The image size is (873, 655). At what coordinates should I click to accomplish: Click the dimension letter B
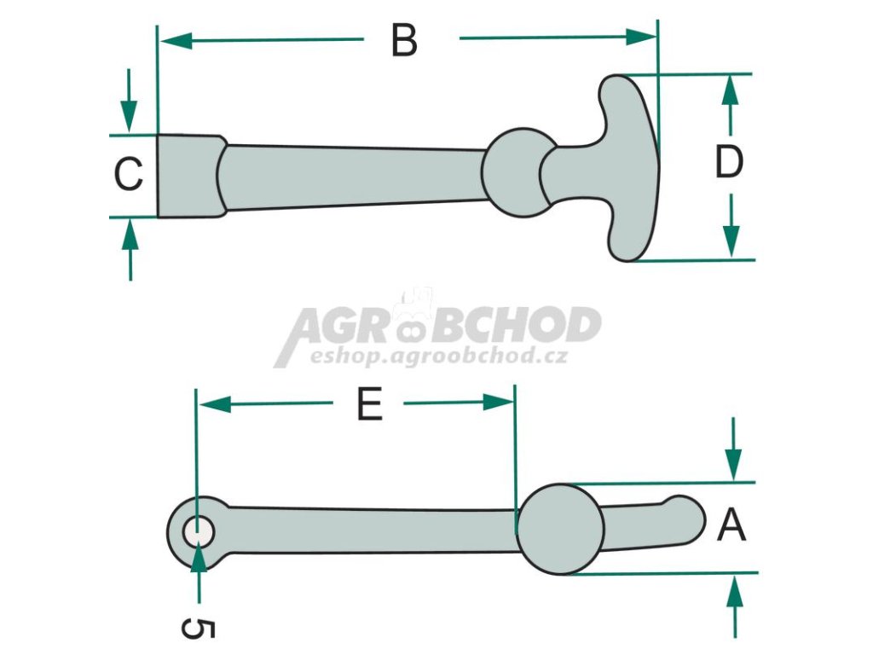(404, 40)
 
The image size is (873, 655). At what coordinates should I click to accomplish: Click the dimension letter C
(129, 176)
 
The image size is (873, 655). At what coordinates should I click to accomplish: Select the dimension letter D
(729, 163)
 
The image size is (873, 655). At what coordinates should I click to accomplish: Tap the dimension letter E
(369, 404)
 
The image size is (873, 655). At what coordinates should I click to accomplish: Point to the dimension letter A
(731, 525)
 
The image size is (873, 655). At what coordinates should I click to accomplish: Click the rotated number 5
(198, 629)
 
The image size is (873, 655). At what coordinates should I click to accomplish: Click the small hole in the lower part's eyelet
(199, 531)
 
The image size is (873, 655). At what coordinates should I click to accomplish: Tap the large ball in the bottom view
(560, 529)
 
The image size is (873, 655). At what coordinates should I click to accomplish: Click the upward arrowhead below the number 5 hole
(199, 558)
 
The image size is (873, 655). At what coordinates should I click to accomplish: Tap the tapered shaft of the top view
(350, 176)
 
